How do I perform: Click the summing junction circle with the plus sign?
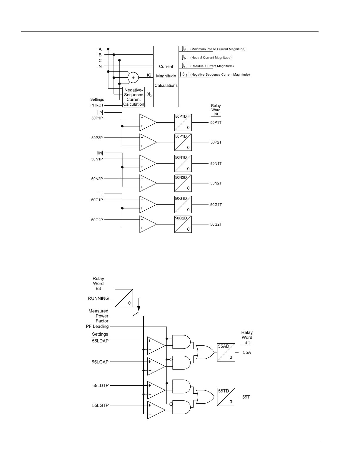pyautogui.click(x=133, y=78)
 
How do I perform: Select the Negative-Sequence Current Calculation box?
pyautogui.click(x=134, y=97)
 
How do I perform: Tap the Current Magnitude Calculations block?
pyautogui.click(x=166, y=76)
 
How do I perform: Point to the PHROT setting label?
pyautogui.click(x=97, y=105)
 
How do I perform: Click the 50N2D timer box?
pyautogui.click(x=183, y=183)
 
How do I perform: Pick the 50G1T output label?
pyautogui.click(x=216, y=204)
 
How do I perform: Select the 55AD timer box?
pyautogui.click(x=226, y=352)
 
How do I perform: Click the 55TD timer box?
pyautogui.click(x=226, y=397)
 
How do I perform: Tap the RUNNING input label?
pyautogui.click(x=98, y=298)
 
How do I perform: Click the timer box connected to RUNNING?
pyautogui.click(x=124, y=298)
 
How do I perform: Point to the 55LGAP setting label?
pyautogui.click(x=100, y=362)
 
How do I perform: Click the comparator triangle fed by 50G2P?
pyautogui.click(x=147, y=224)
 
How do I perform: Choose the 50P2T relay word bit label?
pyautogui.click(x=216, y=142)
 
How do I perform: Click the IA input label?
pyautogui.click(x=100, y=49)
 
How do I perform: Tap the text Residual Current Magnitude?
pyautogui.click(x=212, y=66)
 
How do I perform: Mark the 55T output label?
pyautogui.click(x=246, y=397)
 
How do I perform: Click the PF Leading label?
pyautogui.click(x=97, y=327)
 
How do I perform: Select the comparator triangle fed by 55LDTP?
pyautogui.click(x=156, y=390)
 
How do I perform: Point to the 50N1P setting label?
pyautogui.click(x=97, y=159)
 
